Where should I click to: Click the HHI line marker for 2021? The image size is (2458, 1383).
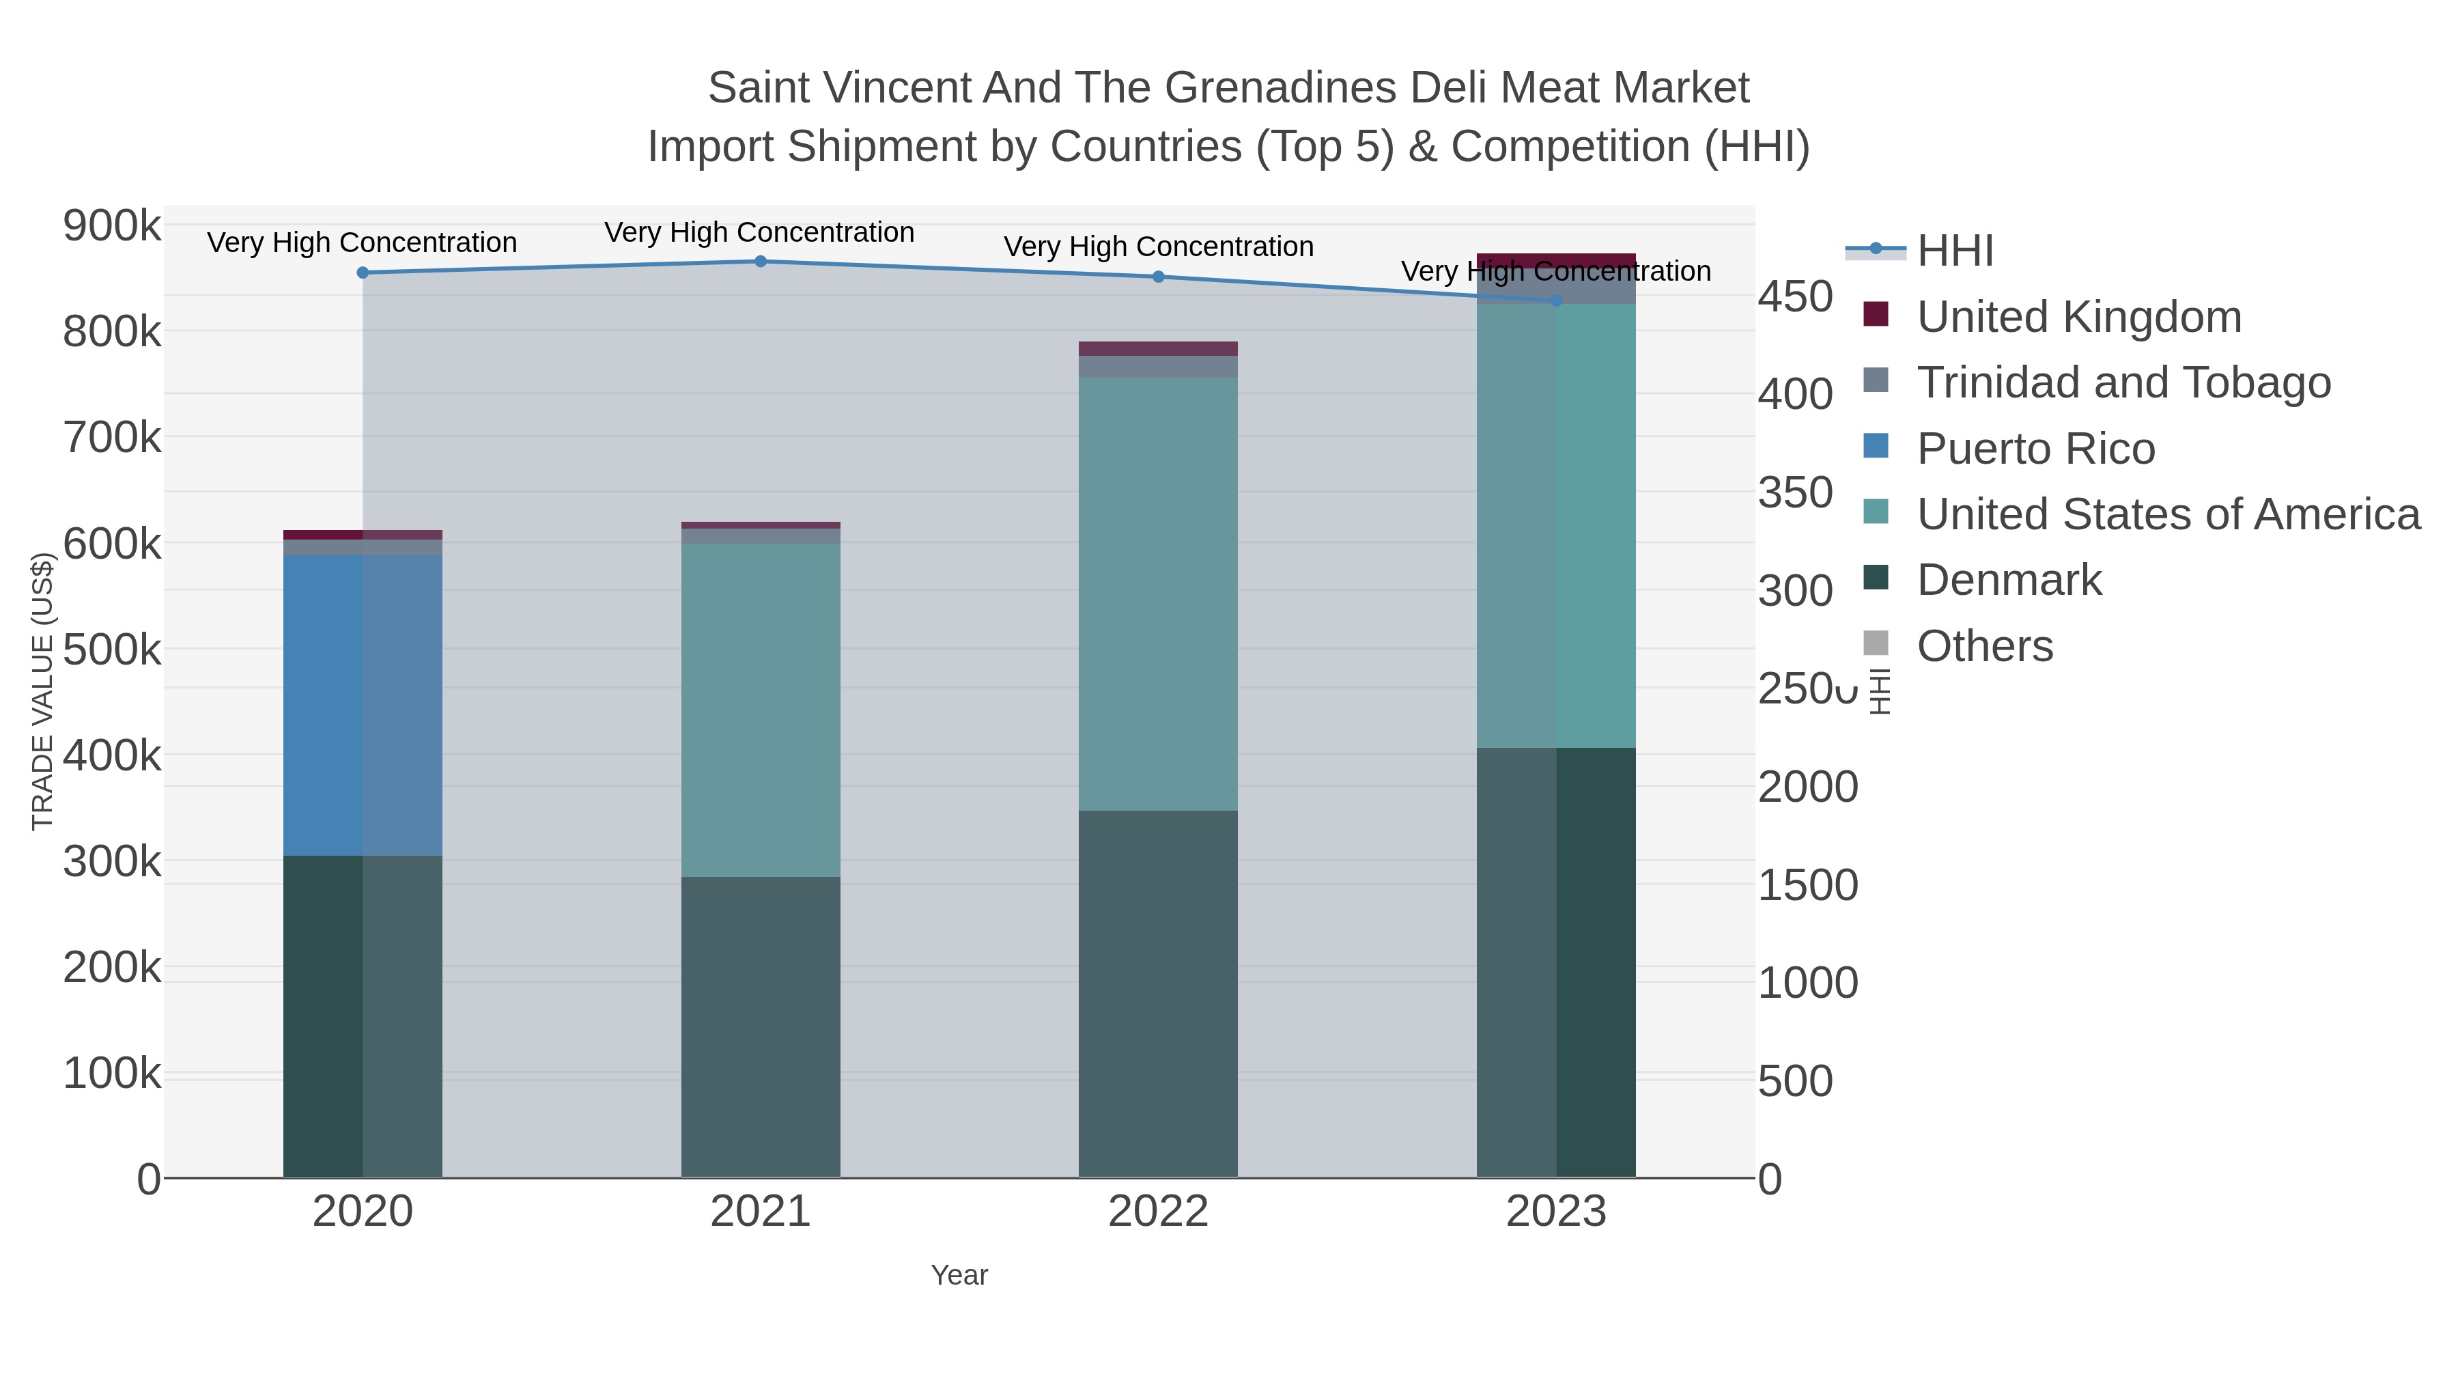tap(761, 262)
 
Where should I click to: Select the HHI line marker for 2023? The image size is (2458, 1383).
tap(1556, 301)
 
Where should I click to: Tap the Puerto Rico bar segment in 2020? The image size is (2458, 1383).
tap(363, 706)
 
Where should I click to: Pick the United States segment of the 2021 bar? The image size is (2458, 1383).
tap(761, 710)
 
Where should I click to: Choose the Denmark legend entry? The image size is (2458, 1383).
tap(2009, 581)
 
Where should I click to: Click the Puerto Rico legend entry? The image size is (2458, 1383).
tap(2035, 449)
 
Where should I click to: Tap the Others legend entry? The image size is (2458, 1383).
tap(1985, 646)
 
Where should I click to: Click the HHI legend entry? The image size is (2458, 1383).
tap(1954, 251)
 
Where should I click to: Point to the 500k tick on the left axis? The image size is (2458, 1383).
tap(112, 651)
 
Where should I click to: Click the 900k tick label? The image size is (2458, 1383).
tap(112, 227)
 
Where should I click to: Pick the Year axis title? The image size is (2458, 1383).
tap(959, 1275)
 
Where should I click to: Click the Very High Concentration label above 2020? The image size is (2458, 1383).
tap(363, 242)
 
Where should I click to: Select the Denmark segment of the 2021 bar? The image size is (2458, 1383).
tap(761, 1026)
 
